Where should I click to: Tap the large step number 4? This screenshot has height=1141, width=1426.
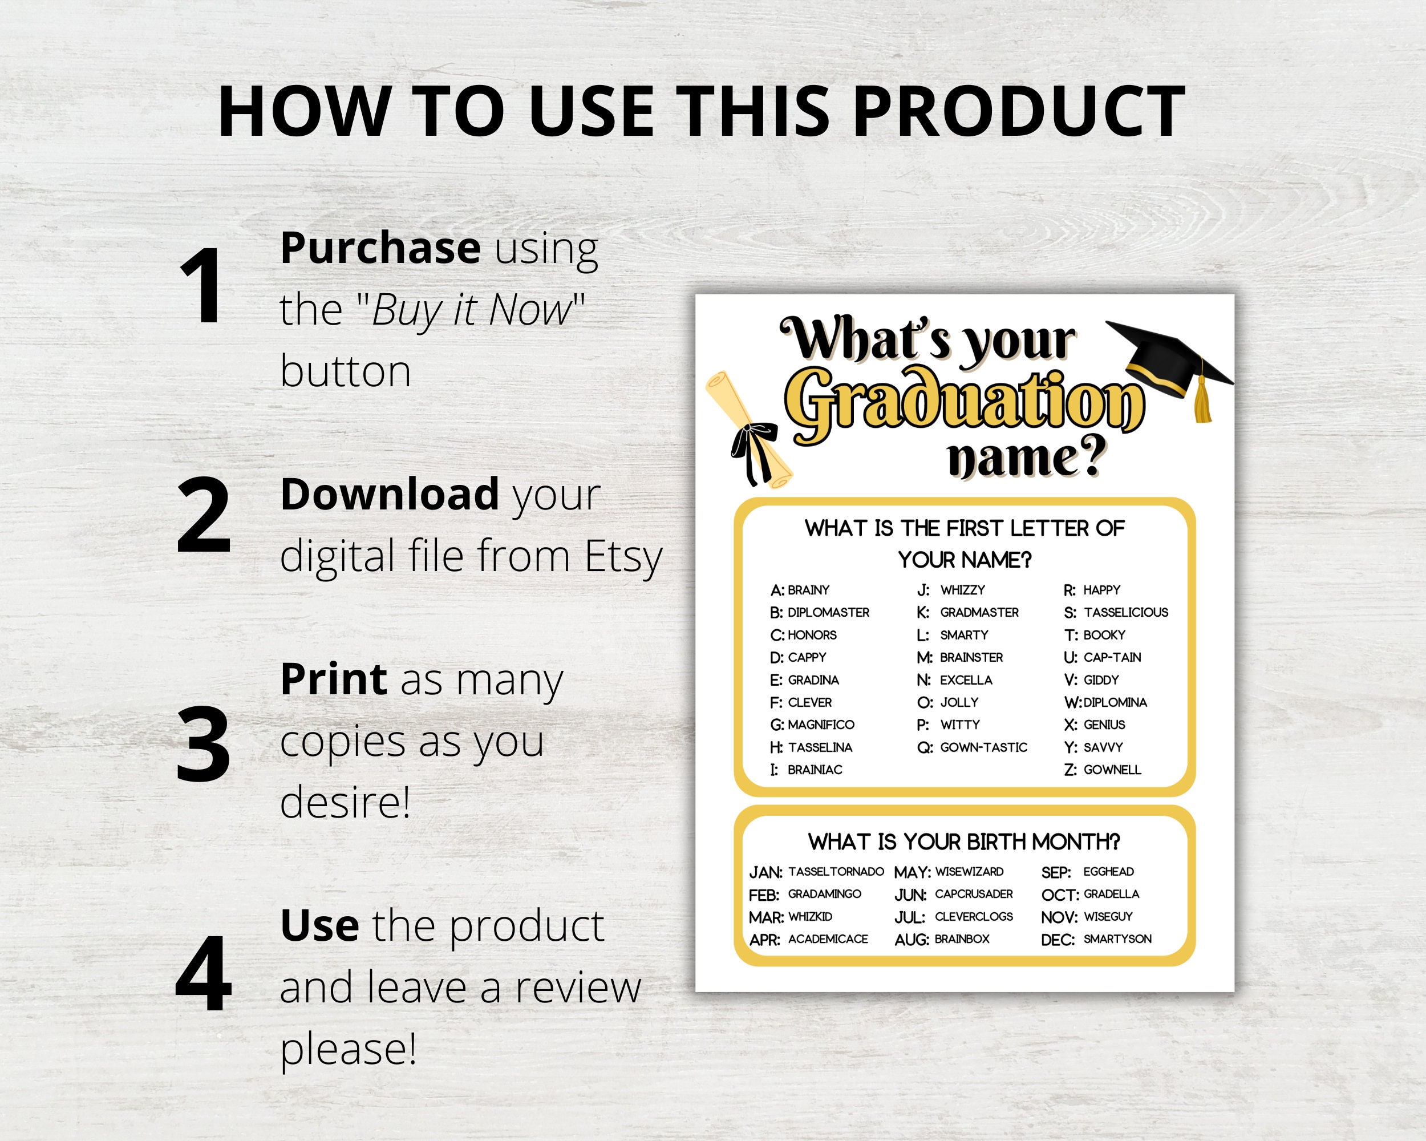204,973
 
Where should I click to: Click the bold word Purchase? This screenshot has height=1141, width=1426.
380,248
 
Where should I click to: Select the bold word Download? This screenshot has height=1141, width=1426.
390,494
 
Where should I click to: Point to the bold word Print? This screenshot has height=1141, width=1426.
333,679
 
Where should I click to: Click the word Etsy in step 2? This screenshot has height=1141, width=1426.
623,557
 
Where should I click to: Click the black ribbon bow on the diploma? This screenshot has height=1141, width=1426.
753,450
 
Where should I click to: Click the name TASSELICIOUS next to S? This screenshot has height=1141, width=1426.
1126,613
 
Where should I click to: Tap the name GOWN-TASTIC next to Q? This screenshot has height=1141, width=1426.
983,747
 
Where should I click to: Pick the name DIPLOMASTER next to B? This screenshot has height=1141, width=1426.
828,613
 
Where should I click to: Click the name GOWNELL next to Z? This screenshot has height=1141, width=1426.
1112,770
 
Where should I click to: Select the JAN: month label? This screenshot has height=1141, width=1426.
765,872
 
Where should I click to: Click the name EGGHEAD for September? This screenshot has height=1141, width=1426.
1108,872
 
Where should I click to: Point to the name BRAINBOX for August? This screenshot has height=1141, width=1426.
962,939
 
